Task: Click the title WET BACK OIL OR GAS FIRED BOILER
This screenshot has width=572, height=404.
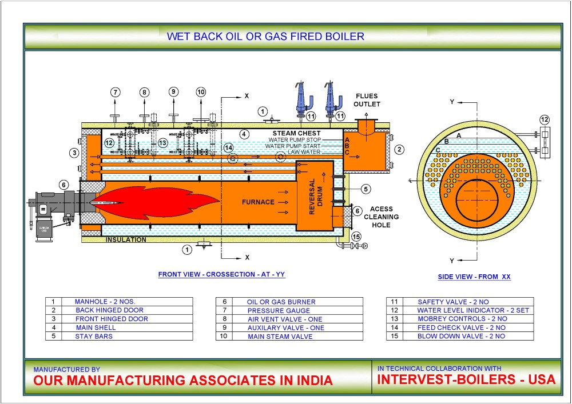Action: [x=265, y=37]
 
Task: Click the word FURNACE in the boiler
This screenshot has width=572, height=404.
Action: [x=258, y=202]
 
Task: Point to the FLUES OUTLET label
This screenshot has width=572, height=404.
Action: [x=367, y=100]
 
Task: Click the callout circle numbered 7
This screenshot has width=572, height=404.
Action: [x=116, y=92]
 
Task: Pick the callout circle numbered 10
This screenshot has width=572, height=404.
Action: [x=201, y=92]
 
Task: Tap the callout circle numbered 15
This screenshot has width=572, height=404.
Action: [x=356, y=237]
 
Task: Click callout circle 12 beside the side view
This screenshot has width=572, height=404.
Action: [x=544, y=119]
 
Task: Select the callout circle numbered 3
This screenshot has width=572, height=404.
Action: [x=74, y=153]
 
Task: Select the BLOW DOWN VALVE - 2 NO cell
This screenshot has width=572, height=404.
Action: [x=461, y=337]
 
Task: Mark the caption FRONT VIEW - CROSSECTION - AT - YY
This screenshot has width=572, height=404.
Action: [x=221, y=274]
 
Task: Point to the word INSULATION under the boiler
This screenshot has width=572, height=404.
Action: [x=126, y=240]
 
